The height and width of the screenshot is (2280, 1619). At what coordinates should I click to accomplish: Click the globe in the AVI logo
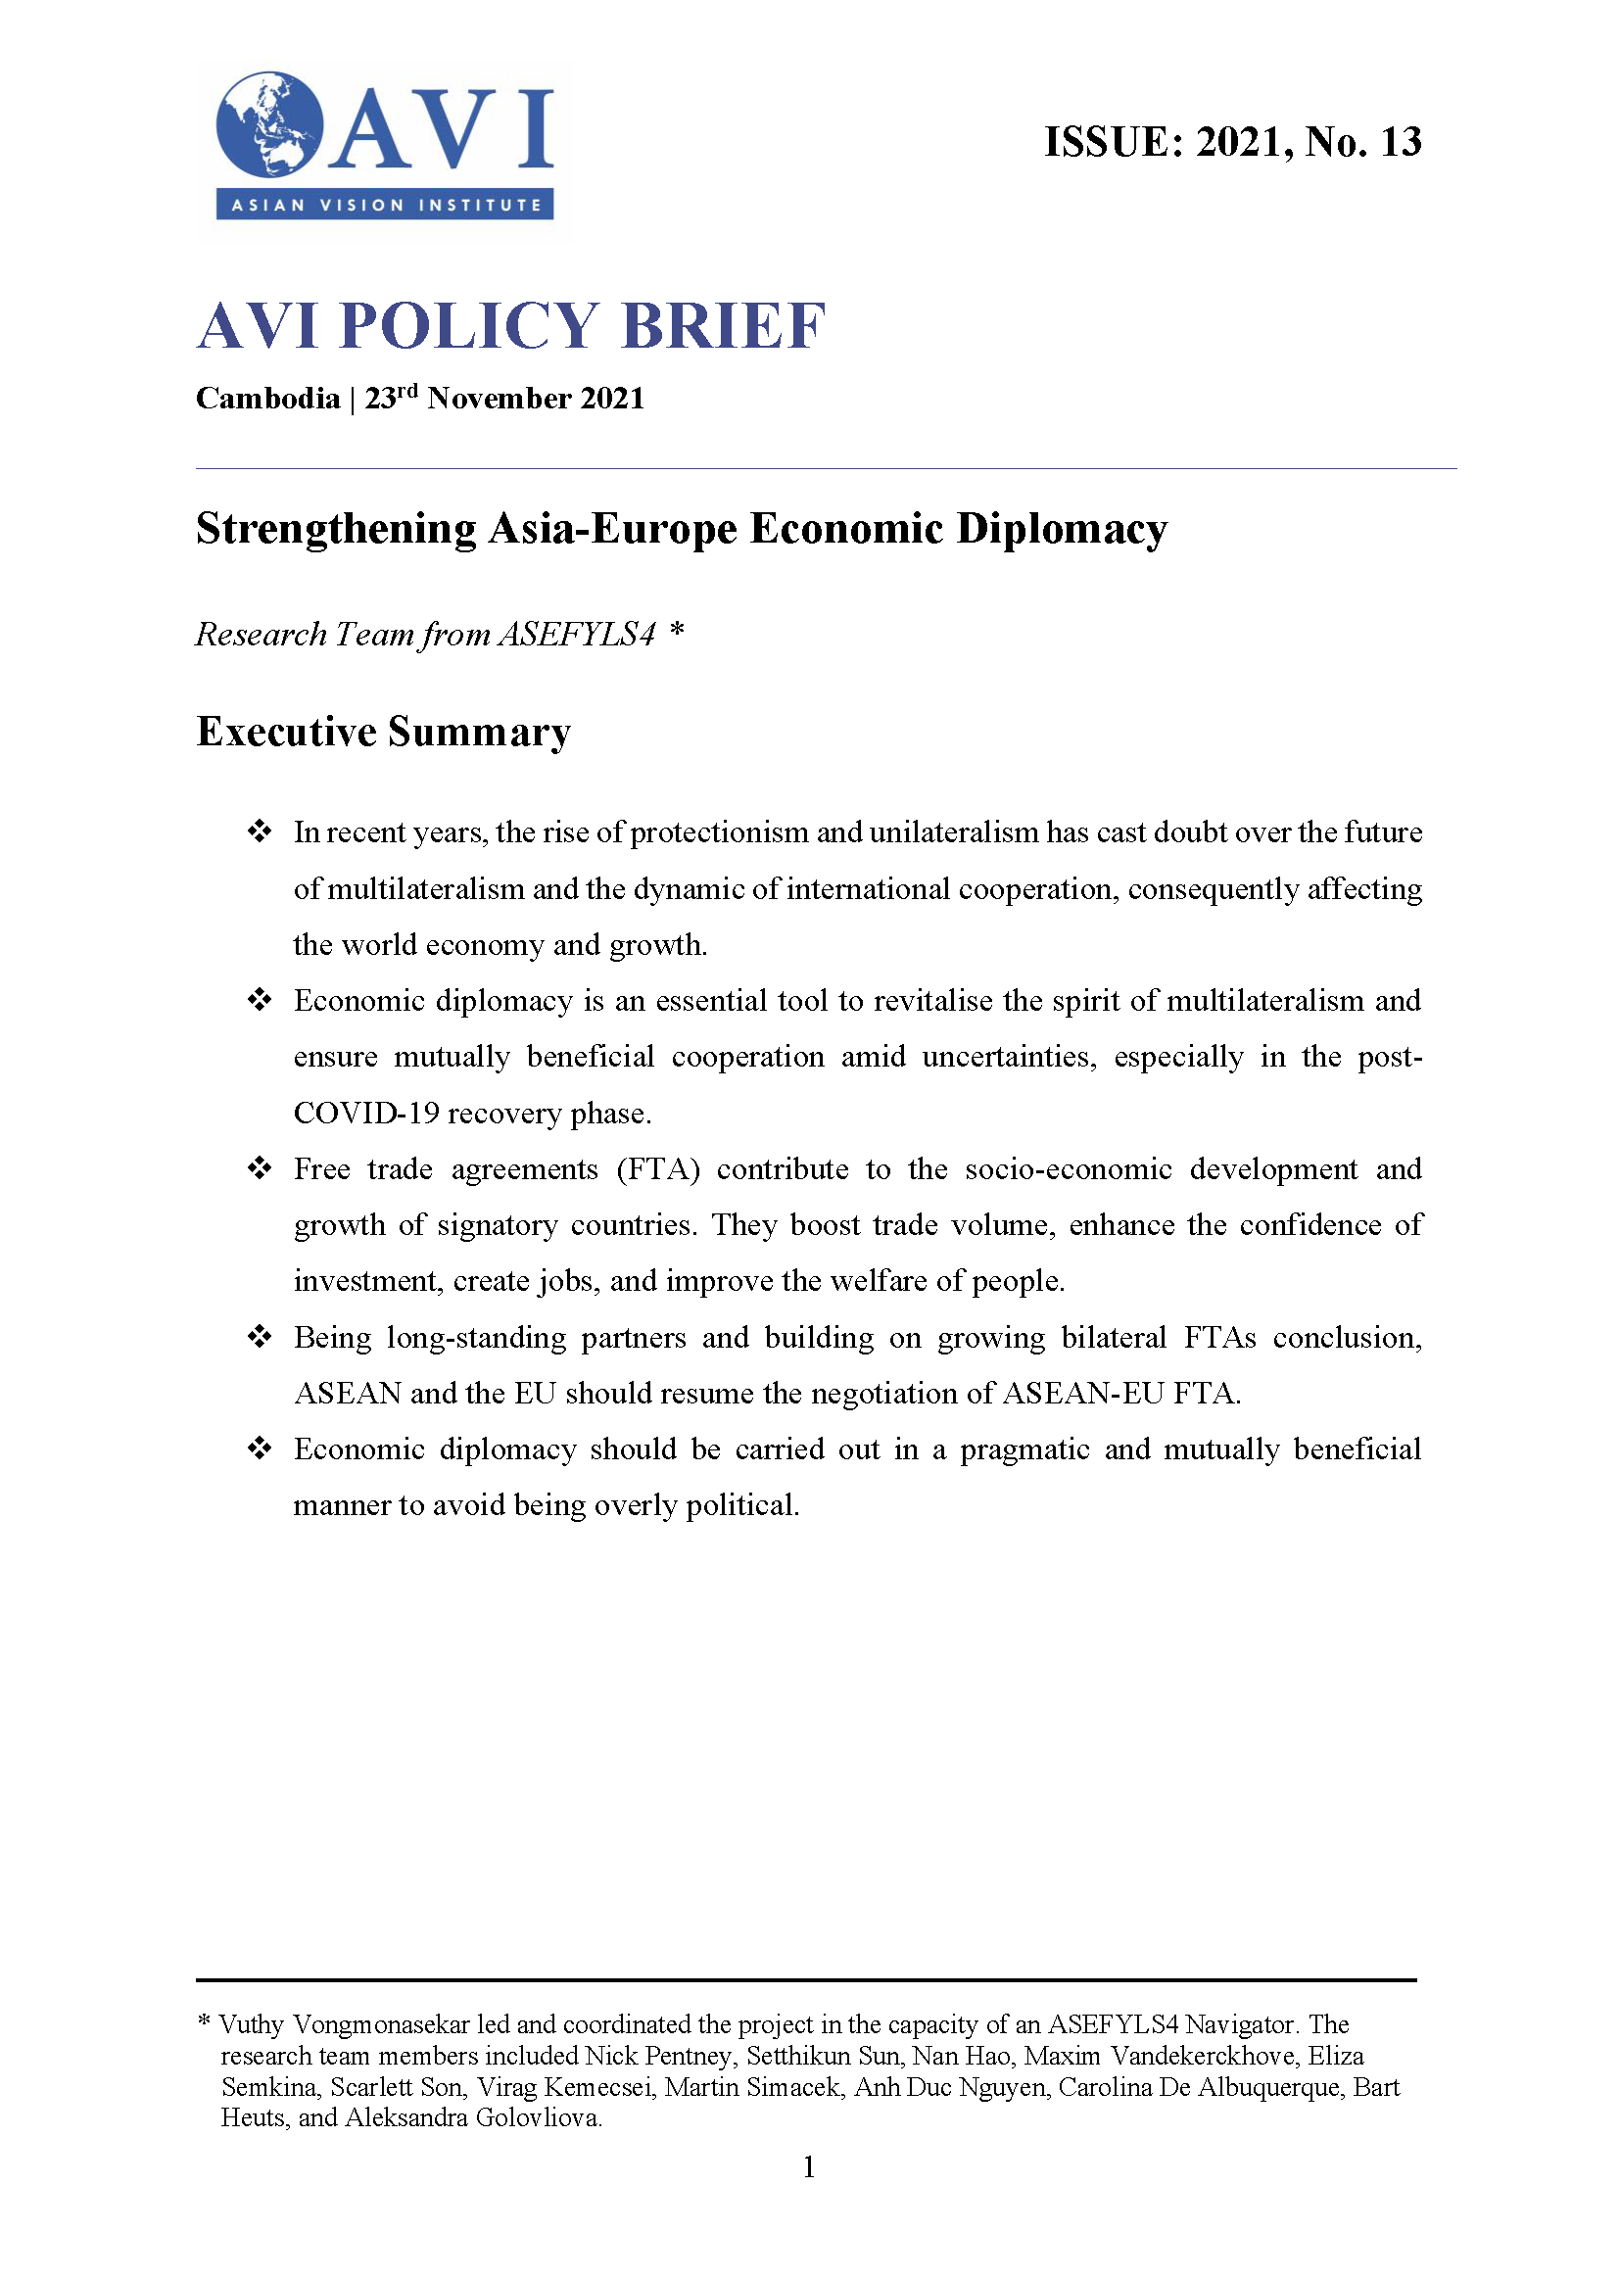coord(269,124)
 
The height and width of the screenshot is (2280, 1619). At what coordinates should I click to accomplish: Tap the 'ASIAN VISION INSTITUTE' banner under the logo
coord(385,206)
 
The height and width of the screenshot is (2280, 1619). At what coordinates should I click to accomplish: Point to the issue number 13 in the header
coord(1400,143)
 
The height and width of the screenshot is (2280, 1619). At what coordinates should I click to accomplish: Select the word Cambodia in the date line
coord(267,399)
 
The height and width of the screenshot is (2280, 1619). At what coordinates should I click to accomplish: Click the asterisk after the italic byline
coord(677,631)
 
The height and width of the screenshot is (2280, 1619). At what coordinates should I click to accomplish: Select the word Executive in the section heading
coord(286,732)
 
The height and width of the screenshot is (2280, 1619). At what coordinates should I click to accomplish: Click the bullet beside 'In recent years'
coord(260,831)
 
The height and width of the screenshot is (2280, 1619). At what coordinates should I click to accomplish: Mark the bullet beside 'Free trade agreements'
coord(260,1167)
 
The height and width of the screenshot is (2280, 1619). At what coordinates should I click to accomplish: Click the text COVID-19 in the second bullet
coord(366,1114)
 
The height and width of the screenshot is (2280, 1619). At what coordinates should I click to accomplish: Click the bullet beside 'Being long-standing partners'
coord(260,1336)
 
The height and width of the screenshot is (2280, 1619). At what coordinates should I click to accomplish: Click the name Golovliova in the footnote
coord(538,2118)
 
